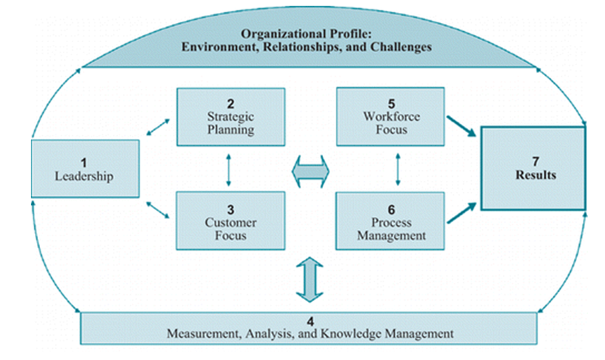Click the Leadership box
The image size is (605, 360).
(85, 168)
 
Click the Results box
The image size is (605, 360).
(532, 168)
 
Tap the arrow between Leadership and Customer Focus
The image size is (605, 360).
(157, 210)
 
